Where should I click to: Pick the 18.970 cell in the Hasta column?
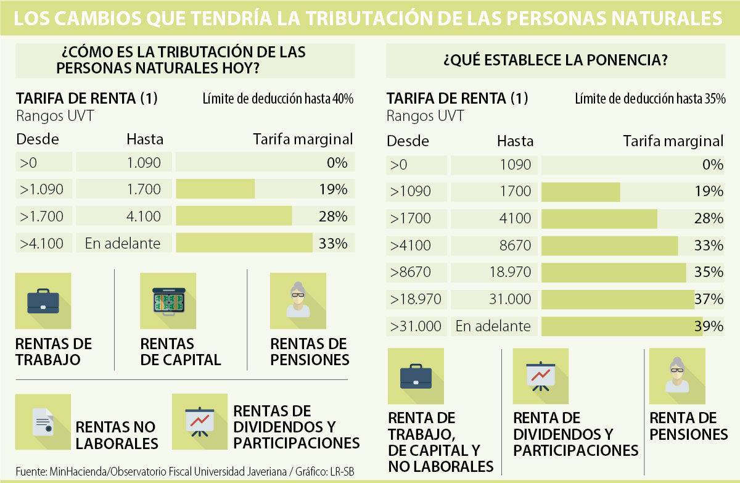click(x=510, y=272)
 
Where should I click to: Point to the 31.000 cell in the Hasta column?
click(x=510, y=299)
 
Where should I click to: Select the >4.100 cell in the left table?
click(x=42, y=243)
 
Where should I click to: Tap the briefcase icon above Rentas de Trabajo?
click(x=43, y=301)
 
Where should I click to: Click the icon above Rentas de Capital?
click(x=168, y=301)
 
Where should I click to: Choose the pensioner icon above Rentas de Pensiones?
click(x=298, y=301)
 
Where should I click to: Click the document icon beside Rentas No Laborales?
click(x=43, y=422)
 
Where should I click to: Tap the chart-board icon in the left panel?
click(x=199, y=422)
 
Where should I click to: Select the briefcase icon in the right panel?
click(x=416, y=376)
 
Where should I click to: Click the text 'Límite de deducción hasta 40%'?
click(x=277, y=99)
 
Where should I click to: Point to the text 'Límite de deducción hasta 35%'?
click(x=650, y=99)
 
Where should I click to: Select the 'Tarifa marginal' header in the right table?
click(x=673, y=141)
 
